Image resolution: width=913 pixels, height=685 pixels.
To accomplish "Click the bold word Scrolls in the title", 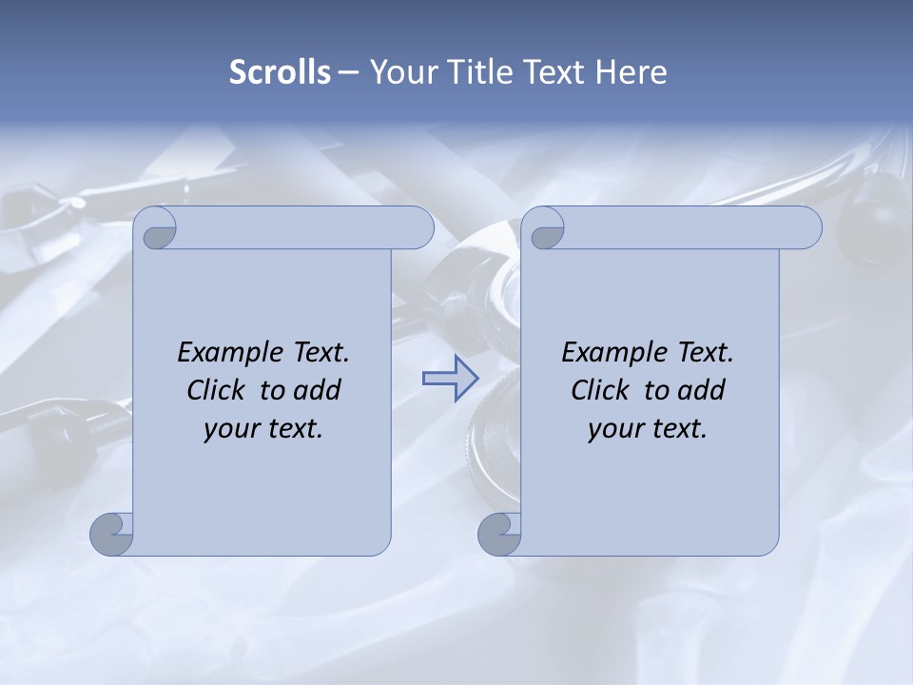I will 281,72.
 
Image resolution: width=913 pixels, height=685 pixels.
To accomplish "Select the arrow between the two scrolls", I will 450,379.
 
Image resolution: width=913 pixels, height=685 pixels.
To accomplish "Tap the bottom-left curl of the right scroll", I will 499,533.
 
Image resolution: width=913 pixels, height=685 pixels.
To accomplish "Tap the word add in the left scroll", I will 319,390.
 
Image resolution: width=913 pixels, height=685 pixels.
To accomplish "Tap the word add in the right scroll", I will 703,390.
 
